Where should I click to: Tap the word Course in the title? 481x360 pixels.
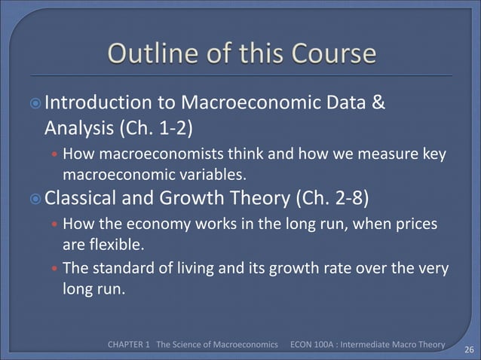(329, 54)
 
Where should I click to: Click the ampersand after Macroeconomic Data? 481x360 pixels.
(378, 102)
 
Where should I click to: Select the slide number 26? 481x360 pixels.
(467, 349)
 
